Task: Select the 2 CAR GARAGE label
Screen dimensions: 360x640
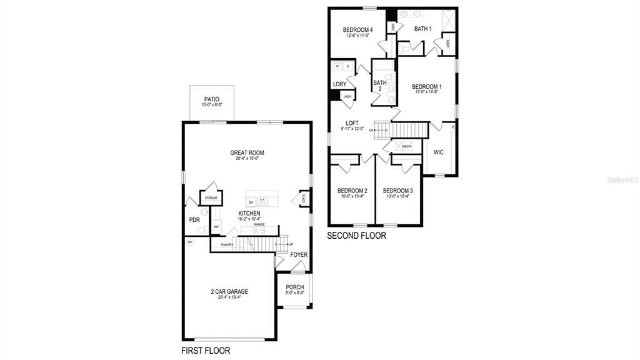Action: click(229, 291)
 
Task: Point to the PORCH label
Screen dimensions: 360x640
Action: click(294, 287)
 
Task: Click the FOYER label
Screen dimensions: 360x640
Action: click(299, 255)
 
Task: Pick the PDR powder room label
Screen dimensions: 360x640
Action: click(194, 220)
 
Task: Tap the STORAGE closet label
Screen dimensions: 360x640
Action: click(211, 197)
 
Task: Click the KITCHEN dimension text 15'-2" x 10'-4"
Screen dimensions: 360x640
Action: click(249, 219)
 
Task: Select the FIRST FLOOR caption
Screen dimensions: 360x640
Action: click(206, 351)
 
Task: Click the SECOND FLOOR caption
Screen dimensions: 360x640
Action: click(357, 236)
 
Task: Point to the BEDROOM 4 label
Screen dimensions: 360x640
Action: click(359, 29)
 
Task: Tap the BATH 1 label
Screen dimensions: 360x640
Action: click(423, 29)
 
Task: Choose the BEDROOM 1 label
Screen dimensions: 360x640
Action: click(427, 86)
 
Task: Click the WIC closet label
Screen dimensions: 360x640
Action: click(438, 152)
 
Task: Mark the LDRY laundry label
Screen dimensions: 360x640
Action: click(339, 84)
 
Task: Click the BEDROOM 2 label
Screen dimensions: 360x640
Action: click(352, 191)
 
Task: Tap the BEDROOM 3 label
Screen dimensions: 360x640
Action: click(398, 191)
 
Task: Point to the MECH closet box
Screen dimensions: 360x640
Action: click(406, 146)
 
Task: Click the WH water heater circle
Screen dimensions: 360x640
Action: click(189, 241)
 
